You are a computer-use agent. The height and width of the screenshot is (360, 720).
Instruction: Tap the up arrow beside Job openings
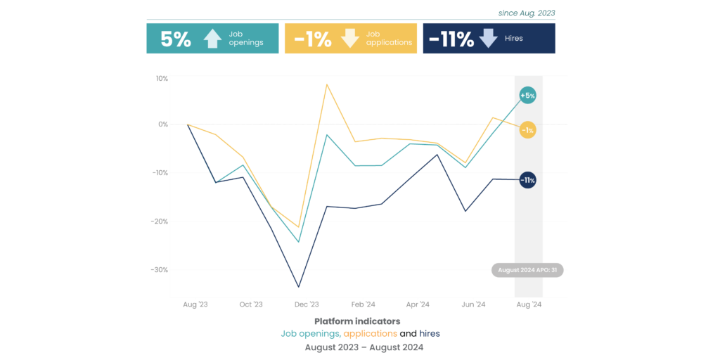[212, 39]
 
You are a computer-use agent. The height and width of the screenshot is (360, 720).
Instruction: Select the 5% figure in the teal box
[176, 39]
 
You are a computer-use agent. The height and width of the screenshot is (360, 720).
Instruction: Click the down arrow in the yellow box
[350, 39]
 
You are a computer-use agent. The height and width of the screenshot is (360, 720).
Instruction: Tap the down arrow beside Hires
[488, 39]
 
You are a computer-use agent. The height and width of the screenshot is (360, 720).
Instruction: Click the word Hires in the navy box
[514, 39]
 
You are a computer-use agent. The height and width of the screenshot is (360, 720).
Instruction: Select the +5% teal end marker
[527, 95]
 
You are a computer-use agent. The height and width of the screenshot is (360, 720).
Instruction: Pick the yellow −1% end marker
[527, 130]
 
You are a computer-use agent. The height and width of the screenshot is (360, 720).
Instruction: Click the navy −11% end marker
[527, 181]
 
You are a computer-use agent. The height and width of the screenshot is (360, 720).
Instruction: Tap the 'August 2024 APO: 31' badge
[527, 270]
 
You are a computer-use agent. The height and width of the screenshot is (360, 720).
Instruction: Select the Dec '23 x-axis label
[307, 304]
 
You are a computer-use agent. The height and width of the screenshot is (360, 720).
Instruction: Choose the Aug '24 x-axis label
[529, 304]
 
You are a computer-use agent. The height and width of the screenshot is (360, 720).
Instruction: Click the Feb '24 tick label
[362, 304]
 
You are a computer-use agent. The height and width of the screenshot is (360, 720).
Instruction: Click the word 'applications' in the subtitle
[371, 333]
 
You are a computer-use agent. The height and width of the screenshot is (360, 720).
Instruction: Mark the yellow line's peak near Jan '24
[327, 84]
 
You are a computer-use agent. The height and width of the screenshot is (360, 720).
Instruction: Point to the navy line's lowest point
[299, 287]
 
